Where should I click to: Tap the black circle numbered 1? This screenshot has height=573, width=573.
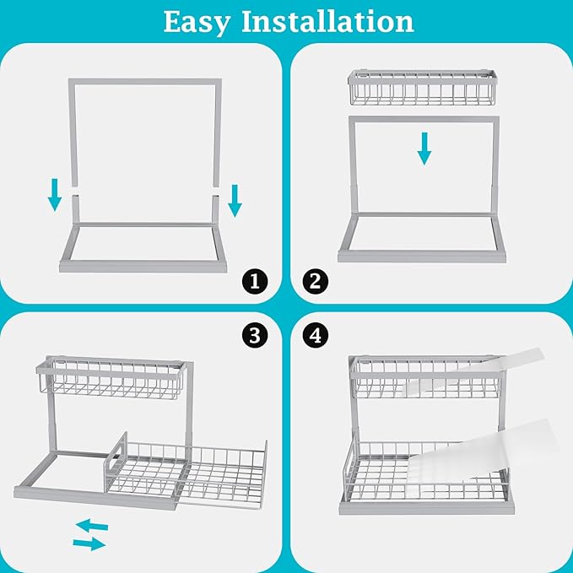pos(254,279)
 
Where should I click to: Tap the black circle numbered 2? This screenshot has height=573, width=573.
pos(315,279)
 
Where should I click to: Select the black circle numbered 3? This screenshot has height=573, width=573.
pos(254,335)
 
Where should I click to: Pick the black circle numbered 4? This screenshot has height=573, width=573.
pos(315,335)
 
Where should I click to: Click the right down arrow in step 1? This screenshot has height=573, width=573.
pos(234,199)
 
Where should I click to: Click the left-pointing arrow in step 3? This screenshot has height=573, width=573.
pos(92,526)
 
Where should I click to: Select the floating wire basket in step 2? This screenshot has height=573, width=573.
pos(423,88)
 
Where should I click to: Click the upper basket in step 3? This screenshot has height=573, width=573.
pos(110,379)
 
